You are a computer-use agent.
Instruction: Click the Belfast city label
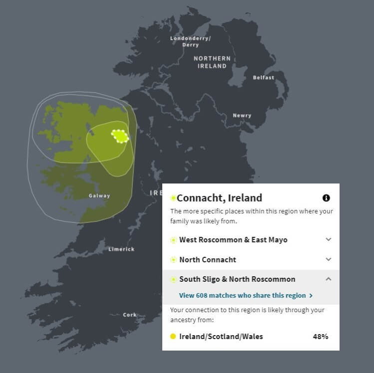pyautogui.click(x=263, y=78)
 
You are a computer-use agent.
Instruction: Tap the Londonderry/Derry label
pyautogui.click(x=190, y=41)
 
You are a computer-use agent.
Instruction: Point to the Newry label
pyautogui.click(x=242, y=116)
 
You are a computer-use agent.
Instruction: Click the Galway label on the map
pyautogui.click(x=99, y=196)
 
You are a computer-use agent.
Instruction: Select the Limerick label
pyautogui.click(x=121, y=249)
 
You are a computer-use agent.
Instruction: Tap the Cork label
pyautogui.click(x=129, y=315)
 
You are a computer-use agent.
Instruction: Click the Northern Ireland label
pyautogui.click(x=212, y=62)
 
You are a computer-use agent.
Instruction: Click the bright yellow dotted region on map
pyautogui.click(x=120, y=136)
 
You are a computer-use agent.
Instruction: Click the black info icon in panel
pyautogui.click(x=326, y=198)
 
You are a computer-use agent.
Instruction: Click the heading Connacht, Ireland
pyautogui.click(x=219, y=198)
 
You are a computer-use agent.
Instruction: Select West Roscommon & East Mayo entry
pyautogui.click(x=233, y=240)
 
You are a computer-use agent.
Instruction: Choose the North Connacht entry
pyautogui.click(x=208, y=259)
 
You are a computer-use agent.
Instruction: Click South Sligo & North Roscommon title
pyautogui.click(x=237, y=279)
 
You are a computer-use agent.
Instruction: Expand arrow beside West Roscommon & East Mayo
pyautogui.click(x=328, y=239)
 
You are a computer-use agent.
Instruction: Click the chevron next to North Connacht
pyautogui.click(x=328, y=259)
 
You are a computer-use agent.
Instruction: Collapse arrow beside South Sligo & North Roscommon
pyautogui.click(x=328, y=279)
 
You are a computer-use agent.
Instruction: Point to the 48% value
pyautogui.click(x=320, y=337)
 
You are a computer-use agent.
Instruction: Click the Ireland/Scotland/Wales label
pyautogui.click(x=221, y=337)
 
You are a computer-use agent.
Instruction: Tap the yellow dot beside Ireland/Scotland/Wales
pyautogui.click(x=173, y=337)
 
